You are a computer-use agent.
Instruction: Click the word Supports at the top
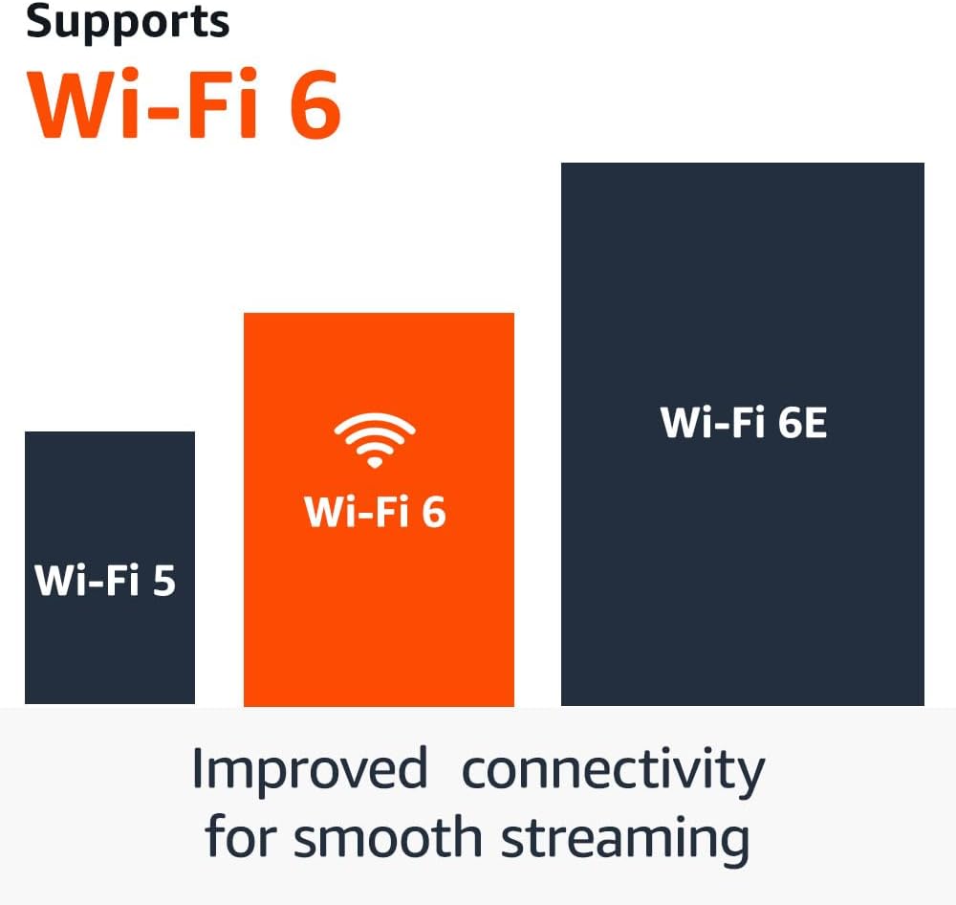pyautogui.click(x=127, y=21)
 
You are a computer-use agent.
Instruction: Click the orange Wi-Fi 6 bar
pyautogui.click(x=379, y=612)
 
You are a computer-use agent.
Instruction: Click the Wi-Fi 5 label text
pyautogui.click(x=105, y=581)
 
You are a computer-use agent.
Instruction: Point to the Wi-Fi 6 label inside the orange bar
pyautogui.click(x=375, y=513)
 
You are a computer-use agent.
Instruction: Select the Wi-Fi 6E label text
pyautogui.click(x=743, y=423)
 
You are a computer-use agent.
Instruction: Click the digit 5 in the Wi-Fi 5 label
pyautogui.click(x=163, y=581)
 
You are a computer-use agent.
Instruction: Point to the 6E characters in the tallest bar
pyautogui.click(x=801, y=423)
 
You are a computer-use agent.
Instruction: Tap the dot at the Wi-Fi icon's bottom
pyautogui.click(x=374, y=463)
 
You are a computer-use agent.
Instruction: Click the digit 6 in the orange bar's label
pyautogui.click(x=433, y=513)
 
